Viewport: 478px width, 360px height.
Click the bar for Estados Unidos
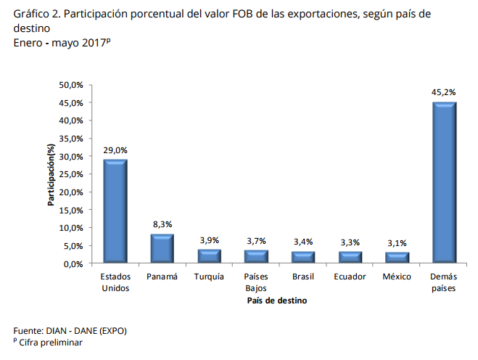coord(115,210)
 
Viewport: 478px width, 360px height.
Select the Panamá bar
coord(162,247)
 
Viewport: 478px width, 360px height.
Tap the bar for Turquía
coord(209,255)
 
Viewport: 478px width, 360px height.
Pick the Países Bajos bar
coord(256,256)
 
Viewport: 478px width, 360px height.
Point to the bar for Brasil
coord(303,257)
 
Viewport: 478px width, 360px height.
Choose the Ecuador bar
coord(350,257)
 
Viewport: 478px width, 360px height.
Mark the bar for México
coord(397,258)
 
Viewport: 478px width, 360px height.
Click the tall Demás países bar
coord(444,182)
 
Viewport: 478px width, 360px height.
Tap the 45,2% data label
coord(444,92)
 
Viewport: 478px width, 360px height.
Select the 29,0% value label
coord(115,150)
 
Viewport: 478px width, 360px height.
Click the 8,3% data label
coord(162,224)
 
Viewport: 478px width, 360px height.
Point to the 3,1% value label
coord(397,243)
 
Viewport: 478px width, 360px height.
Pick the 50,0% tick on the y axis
coord(72,85)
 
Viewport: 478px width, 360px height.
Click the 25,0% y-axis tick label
coord(72,174)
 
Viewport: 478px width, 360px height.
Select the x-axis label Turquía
coord(209,277)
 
